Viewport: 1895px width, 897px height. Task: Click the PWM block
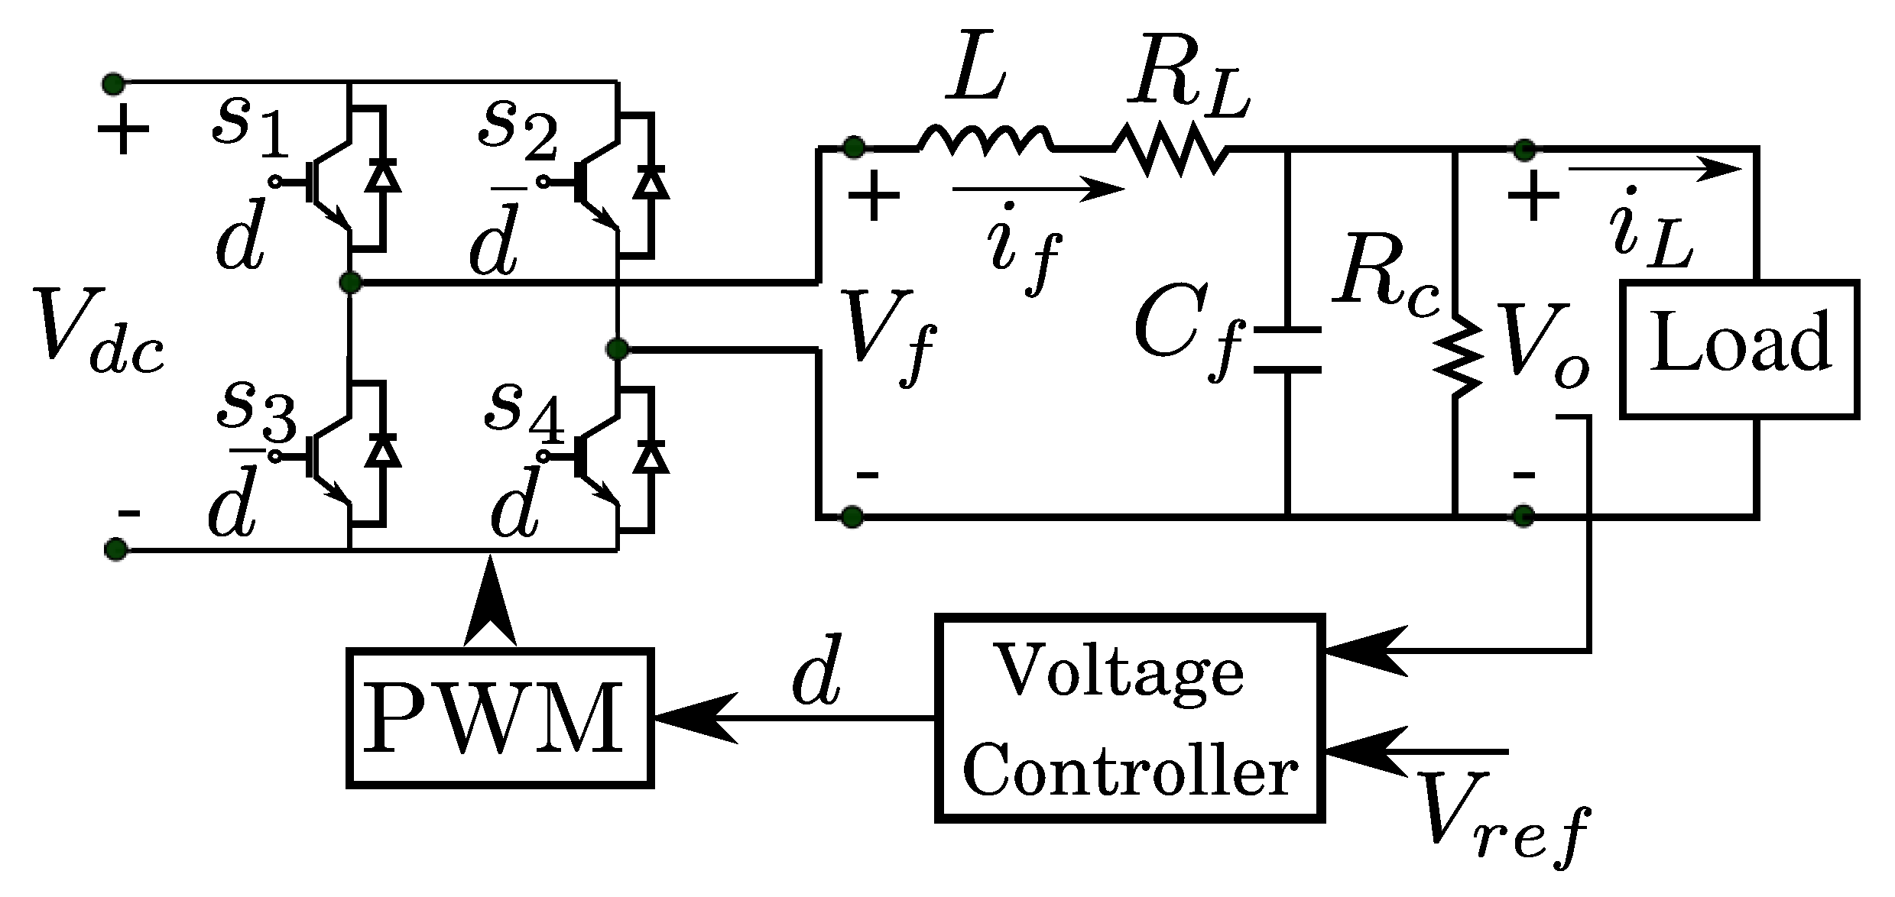(x=500, y=718)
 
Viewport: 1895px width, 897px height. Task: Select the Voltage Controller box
(x=1130, y=718)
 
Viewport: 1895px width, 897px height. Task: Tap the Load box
(x=1739, y=349)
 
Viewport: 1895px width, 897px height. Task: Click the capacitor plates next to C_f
(x=1287, y=350)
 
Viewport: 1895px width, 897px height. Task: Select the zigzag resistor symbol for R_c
(x=1455, y=355)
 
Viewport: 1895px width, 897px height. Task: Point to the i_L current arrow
(x=1655, y=170)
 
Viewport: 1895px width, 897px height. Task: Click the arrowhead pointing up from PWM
(x=489, y=604)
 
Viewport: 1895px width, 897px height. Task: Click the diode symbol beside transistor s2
(x=651, y=183)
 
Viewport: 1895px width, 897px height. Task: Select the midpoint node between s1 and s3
(x=349, y=283)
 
